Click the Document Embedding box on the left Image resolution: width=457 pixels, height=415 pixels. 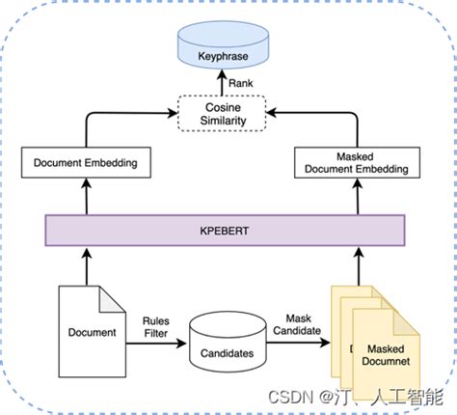coord(85,163)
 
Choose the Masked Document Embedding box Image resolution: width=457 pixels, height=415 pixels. coord(360,162)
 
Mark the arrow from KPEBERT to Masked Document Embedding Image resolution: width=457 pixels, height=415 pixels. coord(360,198)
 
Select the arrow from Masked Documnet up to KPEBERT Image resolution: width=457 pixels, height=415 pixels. coord(360,265)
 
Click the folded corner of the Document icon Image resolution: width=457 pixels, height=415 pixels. coord(115,293)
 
